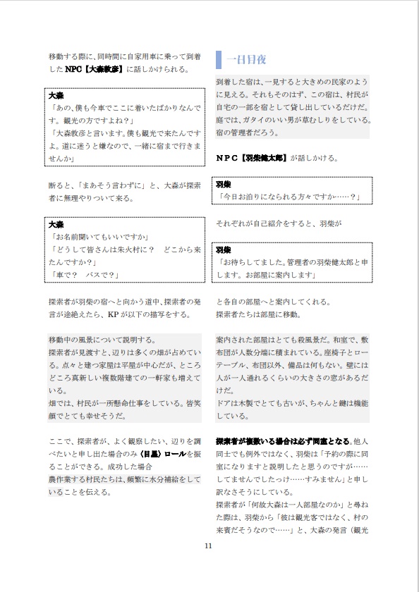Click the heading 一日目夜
(246, 60)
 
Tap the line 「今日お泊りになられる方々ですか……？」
(289, 196)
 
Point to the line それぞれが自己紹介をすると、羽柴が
(279, 224)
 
